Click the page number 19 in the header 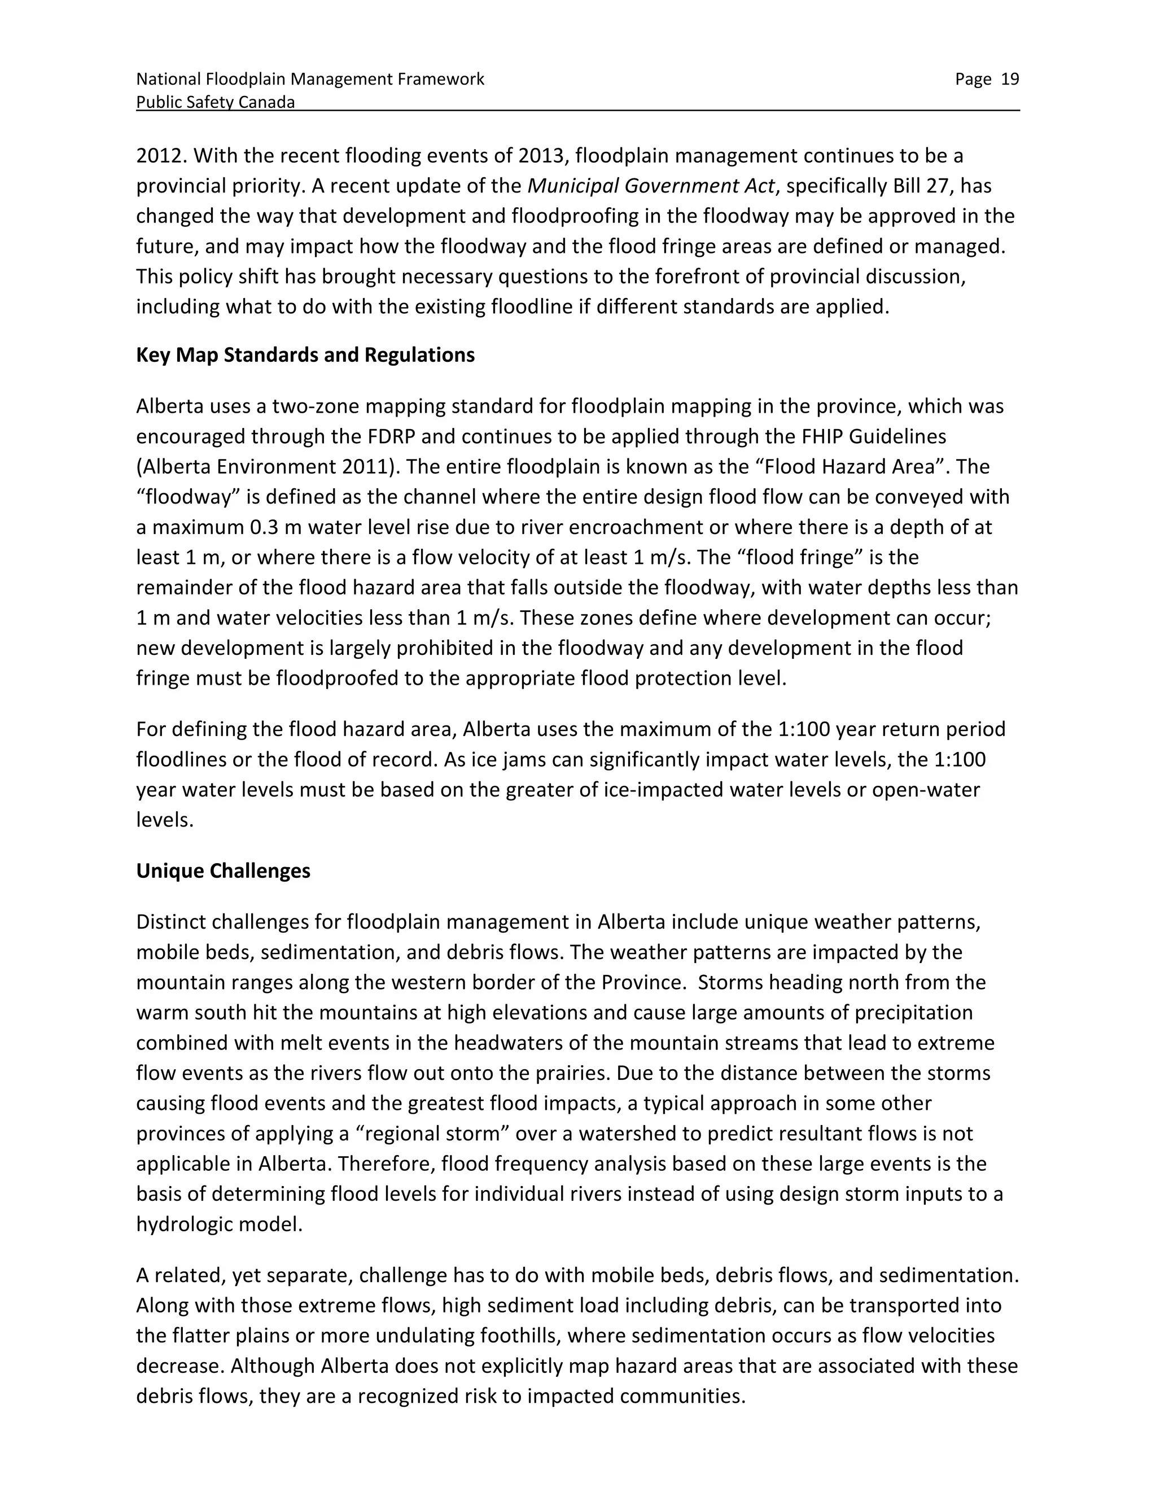click(x=1009, y=80)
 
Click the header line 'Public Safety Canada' click(x=215, y=103)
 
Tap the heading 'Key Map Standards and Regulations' click(x=305, y=355)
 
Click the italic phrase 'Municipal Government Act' click(x=651, y=186)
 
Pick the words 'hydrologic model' click(x=218, y=1224)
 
